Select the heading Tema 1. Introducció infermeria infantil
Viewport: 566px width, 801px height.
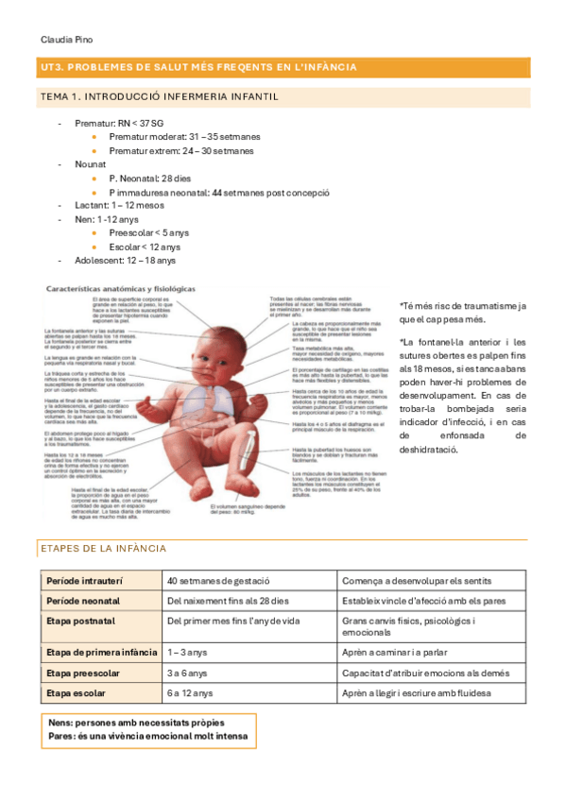point(158,97)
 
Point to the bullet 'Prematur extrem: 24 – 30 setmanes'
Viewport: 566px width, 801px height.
point(180,150)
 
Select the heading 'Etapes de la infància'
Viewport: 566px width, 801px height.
point(104,549)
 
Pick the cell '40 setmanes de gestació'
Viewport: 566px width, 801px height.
point(218,580)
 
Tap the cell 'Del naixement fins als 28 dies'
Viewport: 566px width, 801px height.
point(228,601)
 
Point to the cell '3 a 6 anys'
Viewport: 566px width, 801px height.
point(188,673)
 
